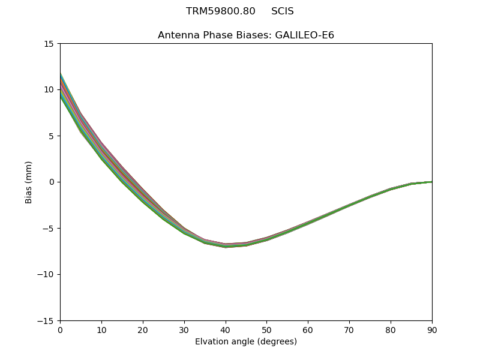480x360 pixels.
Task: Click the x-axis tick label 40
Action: pyautogui.click(x=225, y=329)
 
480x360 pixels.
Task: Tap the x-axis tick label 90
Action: pyautogui.click(x=431, y=329)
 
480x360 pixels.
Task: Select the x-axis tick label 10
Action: pyautogui.click(x=101, y=329)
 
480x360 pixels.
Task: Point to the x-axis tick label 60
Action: pyautogui.click(x=308, y=329)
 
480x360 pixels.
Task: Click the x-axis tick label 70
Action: pyautogui.click(x=349, y=329)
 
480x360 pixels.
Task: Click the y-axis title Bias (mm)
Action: pyautogui.click(x=29, y=182)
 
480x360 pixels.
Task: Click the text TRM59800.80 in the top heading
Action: pyautogui.click(x=221, y=11)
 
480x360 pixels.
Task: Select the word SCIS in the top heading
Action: pyautogui.click(x=283, y=11)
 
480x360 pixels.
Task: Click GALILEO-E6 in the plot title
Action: pyautogui.click(x=305, y=35)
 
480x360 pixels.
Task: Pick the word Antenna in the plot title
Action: pyautogui.click(x=176, y=35)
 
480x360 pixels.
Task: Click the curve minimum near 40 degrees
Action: pyautogui.click(x=226, y=245)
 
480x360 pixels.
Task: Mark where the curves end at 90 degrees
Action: pyautogui.click(x=431, y=182)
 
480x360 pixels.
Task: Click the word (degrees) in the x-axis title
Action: pyautogui.click(x=276, y=342)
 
